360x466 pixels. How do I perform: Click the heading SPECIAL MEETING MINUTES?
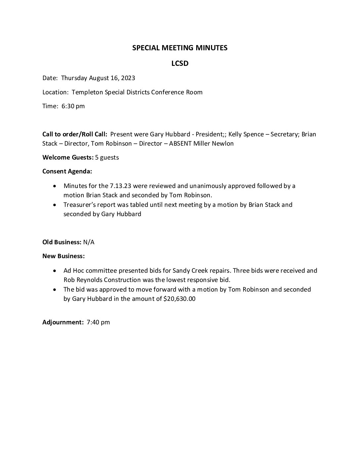tap(180, 48)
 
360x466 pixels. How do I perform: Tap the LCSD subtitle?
tap(180, 63)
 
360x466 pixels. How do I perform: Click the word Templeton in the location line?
tap(87, 92)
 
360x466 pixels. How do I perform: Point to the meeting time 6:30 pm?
tap(73, 106)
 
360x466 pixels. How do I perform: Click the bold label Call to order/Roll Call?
tap(75, 134)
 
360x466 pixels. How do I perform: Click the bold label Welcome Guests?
tap(68, 158)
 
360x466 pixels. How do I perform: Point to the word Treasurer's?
tap(79, 205)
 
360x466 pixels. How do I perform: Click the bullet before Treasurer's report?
tap(55, 205)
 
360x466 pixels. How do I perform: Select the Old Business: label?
tap(62, 242)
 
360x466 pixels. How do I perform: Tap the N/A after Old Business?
tap(89, 242)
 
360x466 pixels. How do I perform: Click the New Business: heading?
tap(64, 256)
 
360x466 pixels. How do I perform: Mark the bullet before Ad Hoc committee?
tap(55, 271)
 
